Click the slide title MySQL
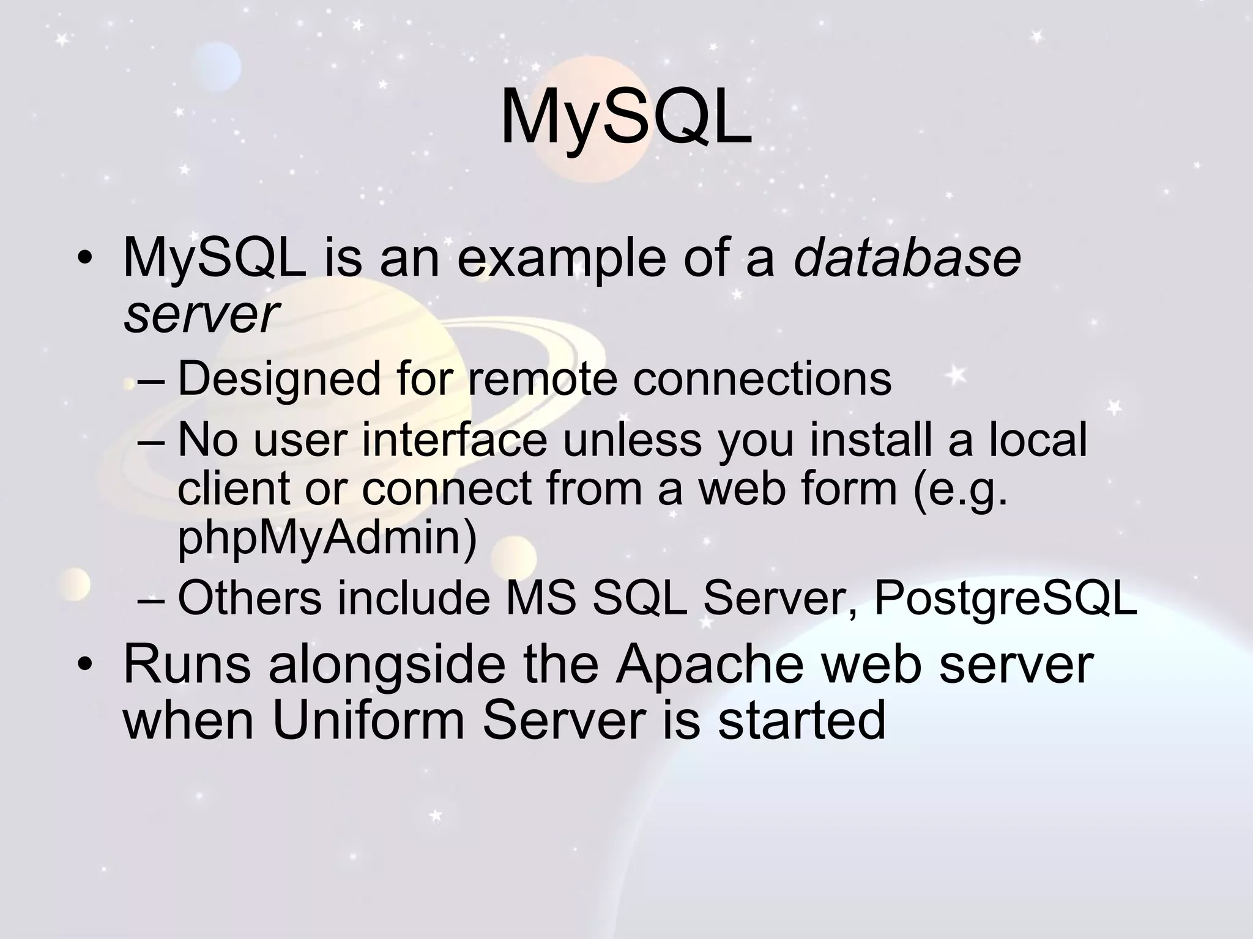(626, 119)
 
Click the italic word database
(907, 258)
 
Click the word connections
(762, 379)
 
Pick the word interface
(454, 440)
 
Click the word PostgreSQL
(1005, 598)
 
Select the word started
(801, 720)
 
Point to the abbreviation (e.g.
(959, 490)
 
